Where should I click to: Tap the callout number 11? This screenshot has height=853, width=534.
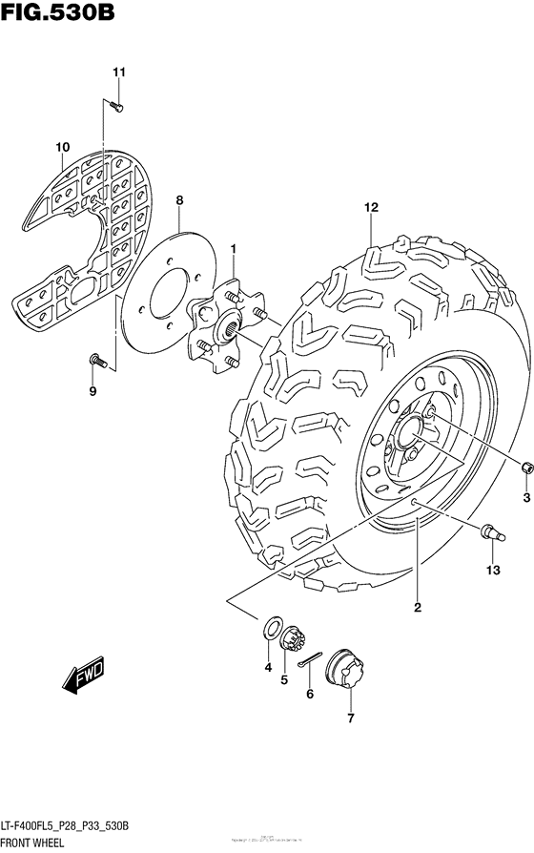[x=119, y=73]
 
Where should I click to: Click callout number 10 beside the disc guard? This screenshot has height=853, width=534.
[x=63, y=146]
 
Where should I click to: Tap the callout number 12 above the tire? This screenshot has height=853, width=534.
[x=371, y=207]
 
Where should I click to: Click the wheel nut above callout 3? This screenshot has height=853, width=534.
[x=525, y=468]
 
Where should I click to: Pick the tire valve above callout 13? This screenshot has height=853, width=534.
[x=491, y=531]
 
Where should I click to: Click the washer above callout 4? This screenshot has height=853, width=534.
[x=271, y=631]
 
